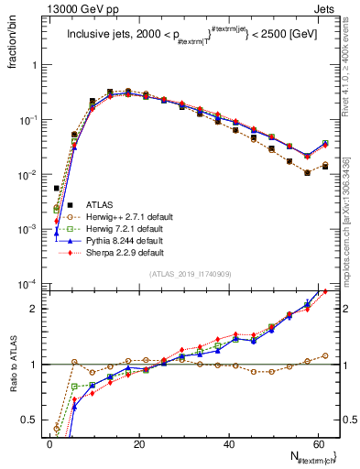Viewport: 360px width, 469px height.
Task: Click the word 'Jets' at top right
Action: (325, 7)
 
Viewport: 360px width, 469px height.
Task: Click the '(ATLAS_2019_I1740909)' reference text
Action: (190, 274)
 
